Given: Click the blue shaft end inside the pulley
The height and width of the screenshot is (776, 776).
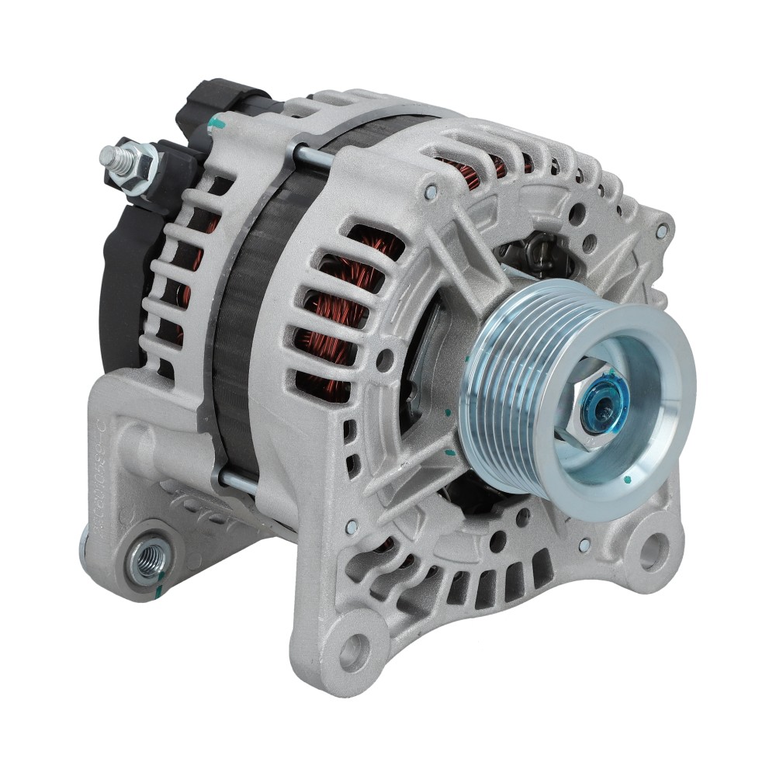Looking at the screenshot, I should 599,404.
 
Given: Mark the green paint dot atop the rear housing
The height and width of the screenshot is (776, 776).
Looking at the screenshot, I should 217,122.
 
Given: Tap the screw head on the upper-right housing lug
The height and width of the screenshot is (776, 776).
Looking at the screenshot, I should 660,230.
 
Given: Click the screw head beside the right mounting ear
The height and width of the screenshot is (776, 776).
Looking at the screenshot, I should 584,545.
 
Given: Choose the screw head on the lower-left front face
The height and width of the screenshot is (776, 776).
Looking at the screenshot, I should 352,527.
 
